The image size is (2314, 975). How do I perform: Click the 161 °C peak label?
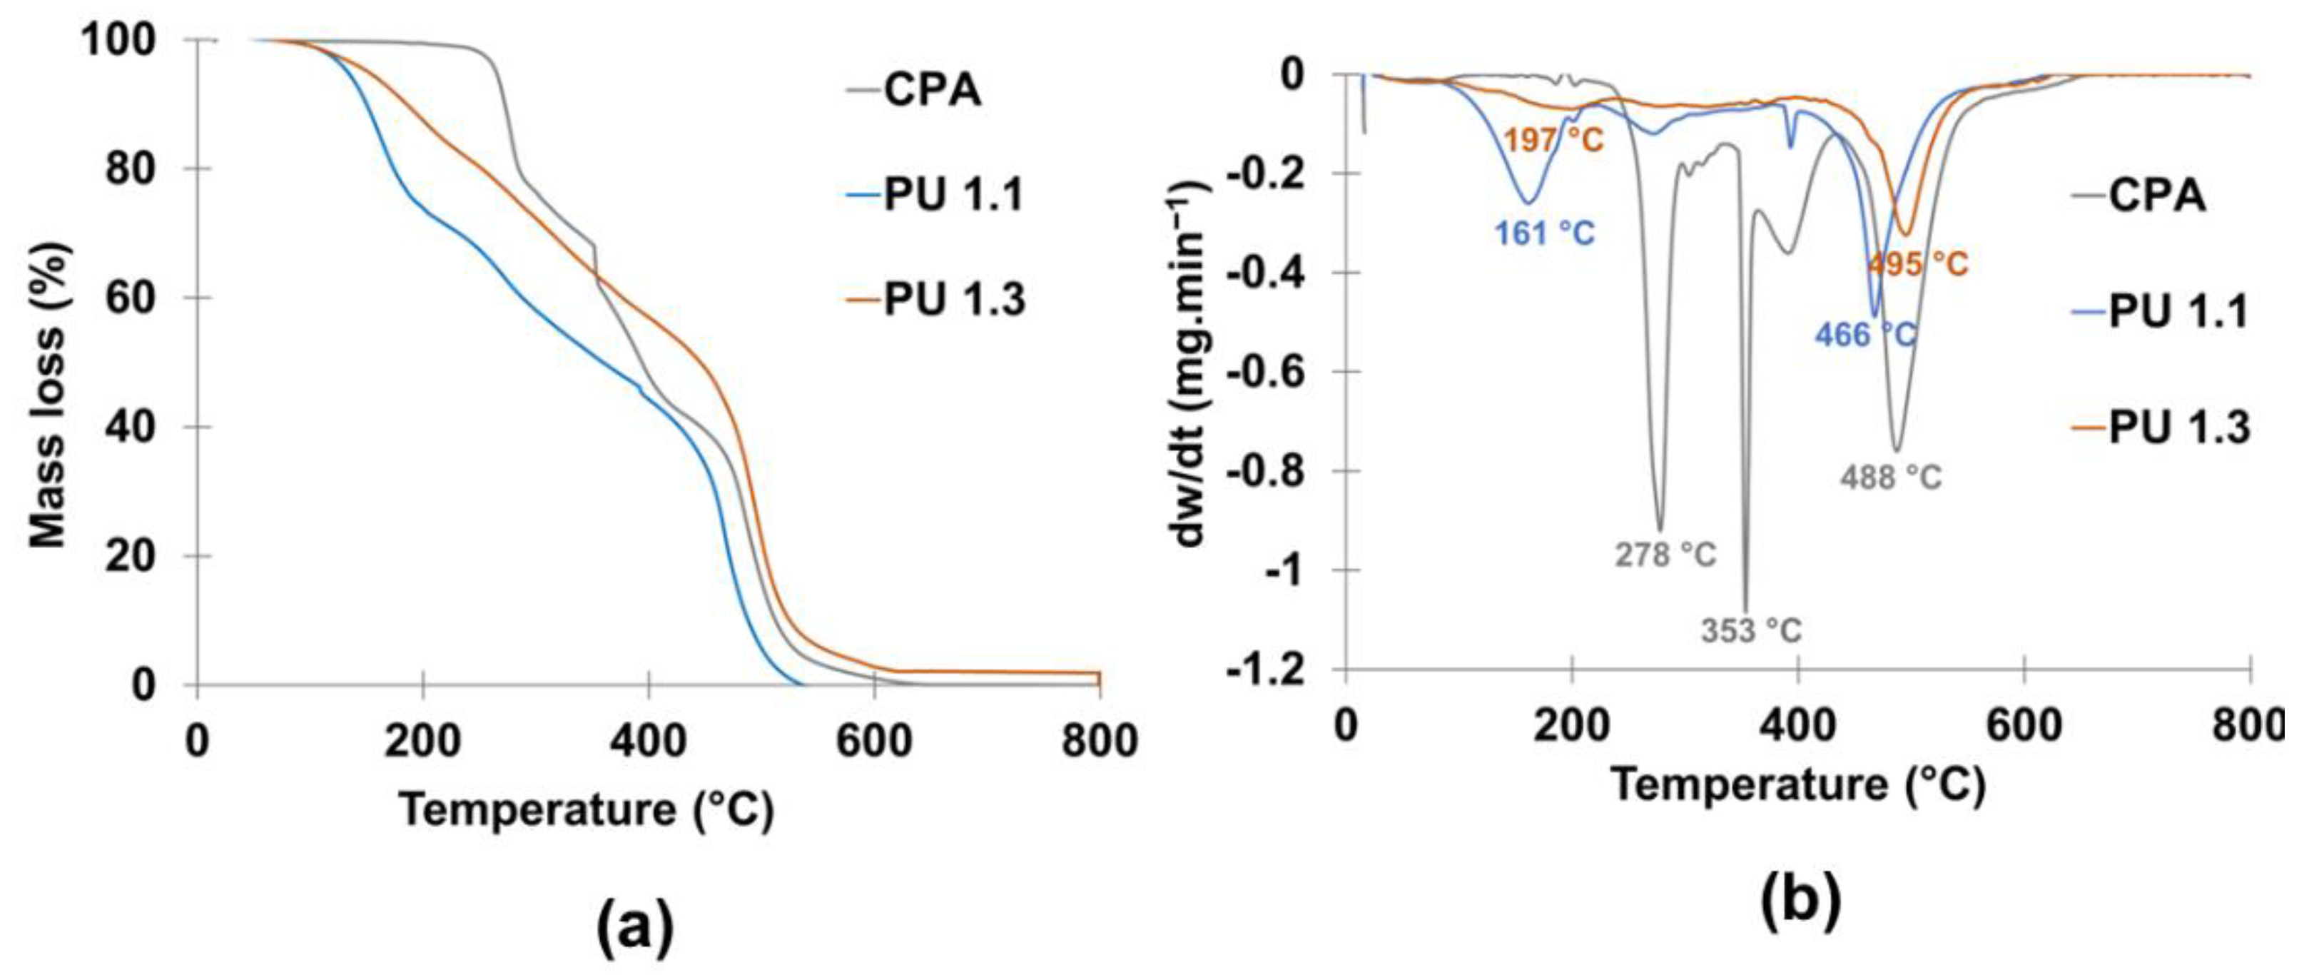coord(1544,233)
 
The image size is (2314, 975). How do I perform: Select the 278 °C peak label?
coord(1665,555)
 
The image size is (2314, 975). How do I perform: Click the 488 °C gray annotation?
coord(1891,476)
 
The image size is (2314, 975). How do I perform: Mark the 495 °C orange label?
coord(1919,264)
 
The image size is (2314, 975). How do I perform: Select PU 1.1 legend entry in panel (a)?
coord(952,195)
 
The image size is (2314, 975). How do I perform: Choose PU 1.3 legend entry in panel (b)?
coord(2178,427)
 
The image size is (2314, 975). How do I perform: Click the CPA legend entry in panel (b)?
coord(2156,195)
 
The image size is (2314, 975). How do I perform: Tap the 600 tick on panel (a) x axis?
coord(873,742)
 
